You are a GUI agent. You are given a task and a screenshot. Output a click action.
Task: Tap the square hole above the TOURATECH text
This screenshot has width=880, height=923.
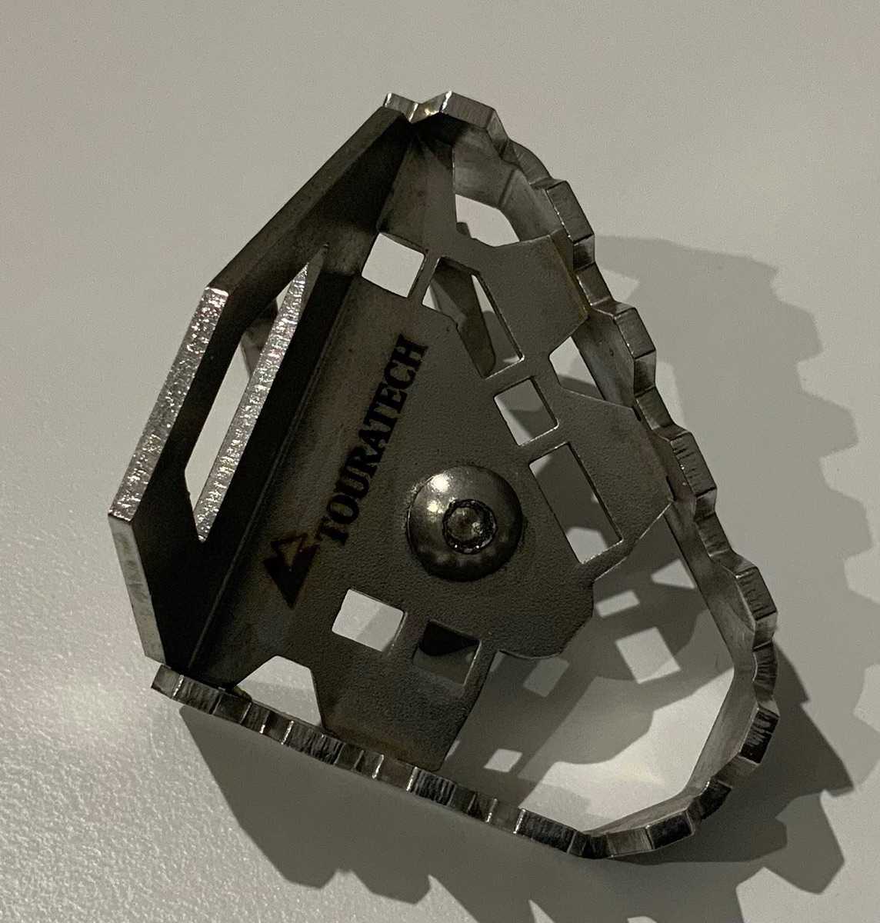pyautogui.click(x=392, y=263)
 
